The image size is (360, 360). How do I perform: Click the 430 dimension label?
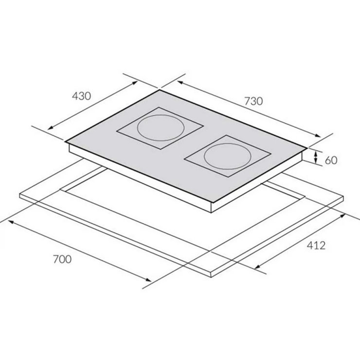(x=82, y=96)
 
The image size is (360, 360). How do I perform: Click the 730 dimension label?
(x=253, y=101)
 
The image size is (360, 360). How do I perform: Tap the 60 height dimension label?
(x=331, y=160)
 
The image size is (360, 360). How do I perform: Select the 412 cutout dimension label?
(x=316, y=246)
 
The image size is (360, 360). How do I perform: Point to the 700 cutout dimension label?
(x=62, y=259)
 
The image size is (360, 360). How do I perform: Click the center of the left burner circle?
(x=161, y=128)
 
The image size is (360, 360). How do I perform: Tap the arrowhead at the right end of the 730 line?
(x=318, y=135)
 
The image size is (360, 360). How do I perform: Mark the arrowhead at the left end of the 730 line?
(x=180, y=82)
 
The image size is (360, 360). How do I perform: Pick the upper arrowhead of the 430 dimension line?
(x=135, y=83)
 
